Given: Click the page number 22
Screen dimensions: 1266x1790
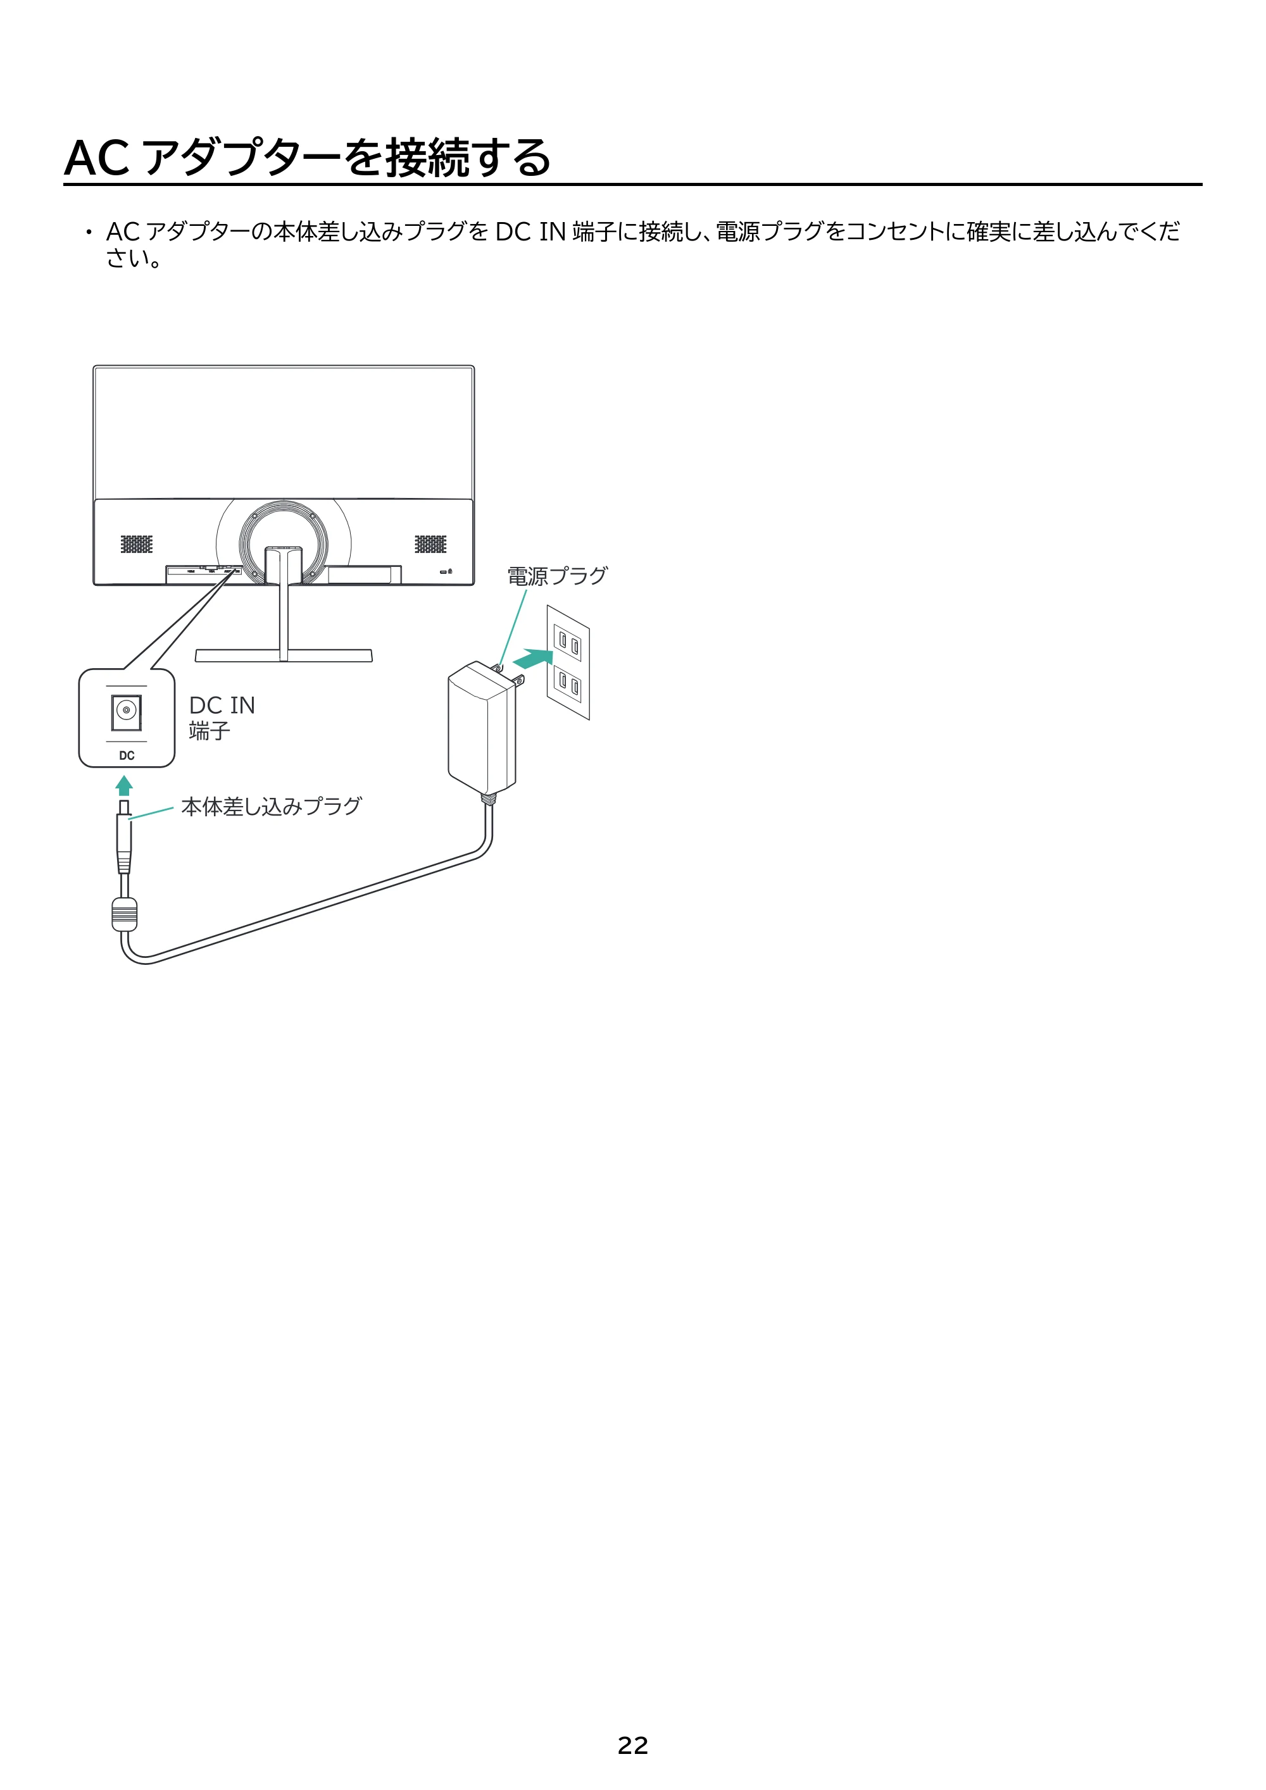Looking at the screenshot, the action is (632, 1746).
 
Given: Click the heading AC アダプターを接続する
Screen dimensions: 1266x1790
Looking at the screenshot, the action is (308, 158).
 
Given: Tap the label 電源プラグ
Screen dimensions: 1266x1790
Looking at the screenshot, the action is (557, 576).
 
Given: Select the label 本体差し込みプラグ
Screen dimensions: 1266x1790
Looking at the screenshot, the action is (272, 806).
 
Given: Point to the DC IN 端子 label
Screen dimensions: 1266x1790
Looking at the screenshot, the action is (222, 718).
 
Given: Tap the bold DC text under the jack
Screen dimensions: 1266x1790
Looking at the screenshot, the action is (127, 755).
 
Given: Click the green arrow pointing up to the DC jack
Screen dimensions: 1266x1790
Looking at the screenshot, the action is (124, 785).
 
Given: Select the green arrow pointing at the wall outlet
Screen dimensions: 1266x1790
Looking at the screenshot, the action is (533, 659).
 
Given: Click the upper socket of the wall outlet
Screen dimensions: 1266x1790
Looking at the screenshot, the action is (568, 643).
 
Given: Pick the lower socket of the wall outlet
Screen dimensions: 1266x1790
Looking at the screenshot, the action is (568, 684).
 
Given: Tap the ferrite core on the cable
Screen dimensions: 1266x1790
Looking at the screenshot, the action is (124, 914).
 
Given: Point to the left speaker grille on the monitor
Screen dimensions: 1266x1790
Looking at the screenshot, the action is (137, 544).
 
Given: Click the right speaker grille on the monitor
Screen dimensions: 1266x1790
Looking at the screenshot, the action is (430, 544).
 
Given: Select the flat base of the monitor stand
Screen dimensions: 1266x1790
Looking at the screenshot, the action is (284, 656).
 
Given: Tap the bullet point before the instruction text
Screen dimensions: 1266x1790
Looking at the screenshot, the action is (89, 232).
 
